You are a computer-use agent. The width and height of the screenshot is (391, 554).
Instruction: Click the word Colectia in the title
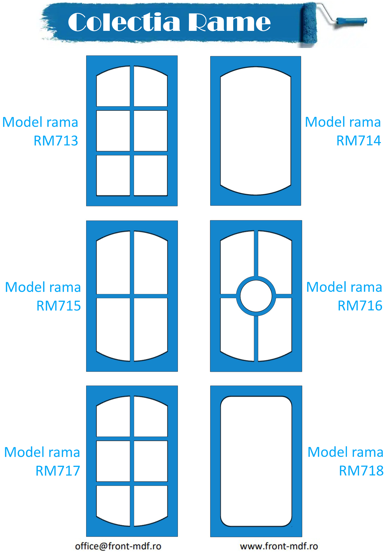pyautogui.click(x=124, y=23)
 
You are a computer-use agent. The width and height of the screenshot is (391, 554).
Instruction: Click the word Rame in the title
pyautogui.click(x=229, y=23)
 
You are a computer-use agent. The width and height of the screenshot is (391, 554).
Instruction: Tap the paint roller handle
pyautogui.click(x=352, y=21)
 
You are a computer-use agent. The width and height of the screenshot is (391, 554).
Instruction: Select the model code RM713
pyautogui.click(x=56, y=141)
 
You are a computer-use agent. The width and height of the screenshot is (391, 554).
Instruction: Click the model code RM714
pyautogui.click(x=359, y=141)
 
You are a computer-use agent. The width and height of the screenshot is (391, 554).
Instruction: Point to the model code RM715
pyautogui.click(x=59, y=306)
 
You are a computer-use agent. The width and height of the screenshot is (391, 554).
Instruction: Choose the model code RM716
pyautogui.click(x=360, y=306)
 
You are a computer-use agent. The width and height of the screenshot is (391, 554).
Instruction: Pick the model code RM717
pyautogui.click(x=58, y=471)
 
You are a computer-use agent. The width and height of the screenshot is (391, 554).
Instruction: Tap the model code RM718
pyautogui.click(x=361, y=471)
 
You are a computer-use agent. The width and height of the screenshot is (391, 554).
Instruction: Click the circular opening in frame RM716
pyautogui.click(x=256, y=296)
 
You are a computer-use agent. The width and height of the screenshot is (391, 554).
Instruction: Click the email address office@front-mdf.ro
pyautogui.click(x=118, y=546)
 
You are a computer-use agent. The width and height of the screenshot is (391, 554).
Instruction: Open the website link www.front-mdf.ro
pyautogui.click(x=279, y=546)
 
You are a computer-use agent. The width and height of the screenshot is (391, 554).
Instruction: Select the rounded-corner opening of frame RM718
pyautogui.click(x=256, y=461)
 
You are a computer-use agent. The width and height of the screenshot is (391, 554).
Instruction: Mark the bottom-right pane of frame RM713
pyautogui.click(x=150, y=175)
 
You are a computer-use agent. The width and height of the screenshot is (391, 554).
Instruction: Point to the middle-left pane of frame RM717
pyautogui.click(x=113, y=461)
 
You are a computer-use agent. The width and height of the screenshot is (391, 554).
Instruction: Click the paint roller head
pyautogui.click(x=309, y=25)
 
